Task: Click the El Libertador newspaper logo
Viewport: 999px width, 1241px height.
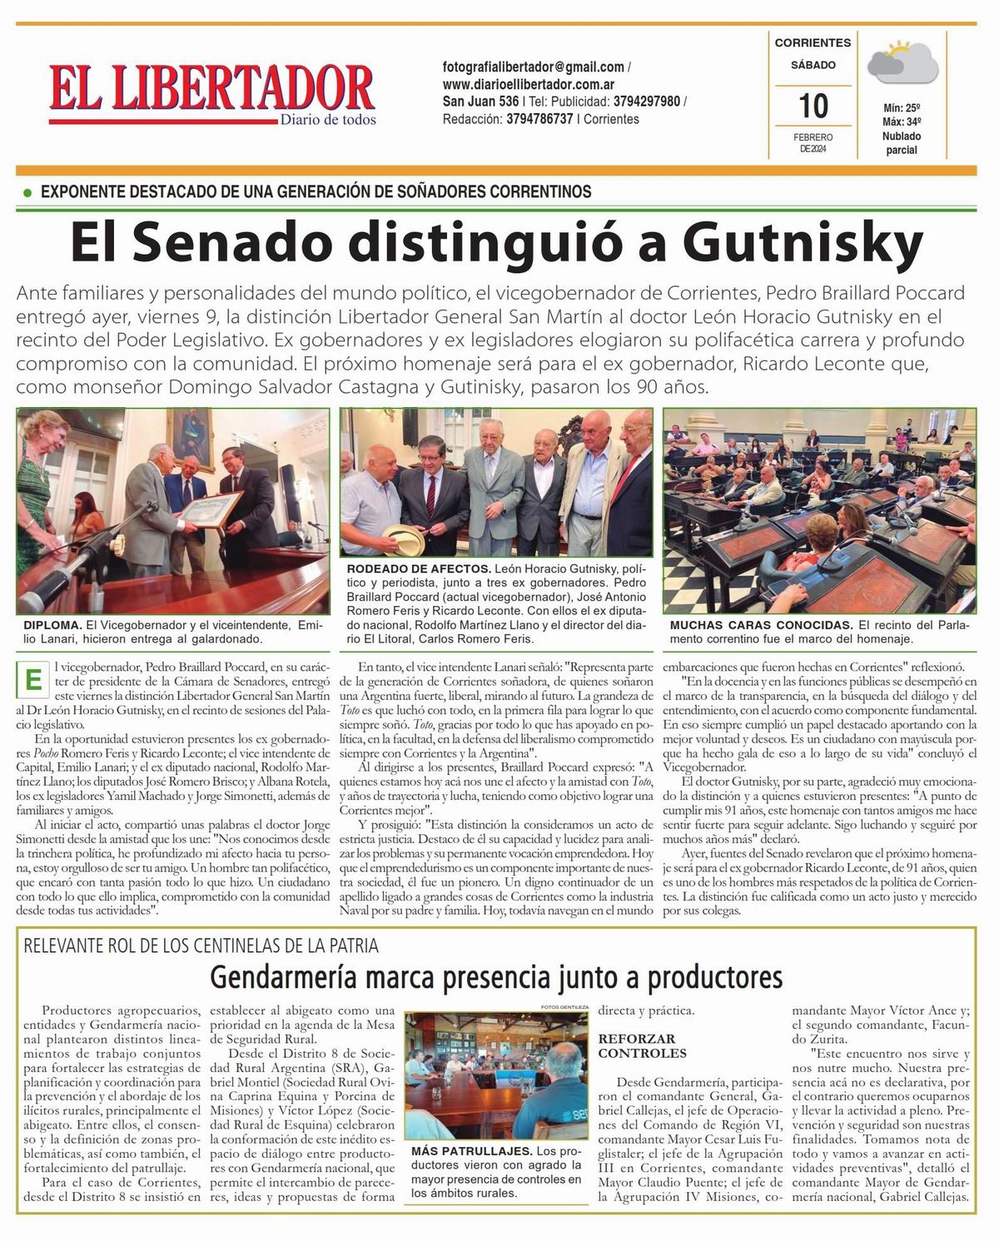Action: click(211, 89)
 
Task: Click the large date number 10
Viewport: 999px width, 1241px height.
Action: click(813, 107)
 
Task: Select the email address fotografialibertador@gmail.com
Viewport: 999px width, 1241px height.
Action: click(533, 67)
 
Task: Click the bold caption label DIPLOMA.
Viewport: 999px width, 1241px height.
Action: click(52, 624)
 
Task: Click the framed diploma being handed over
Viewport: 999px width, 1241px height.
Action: click(204, 513)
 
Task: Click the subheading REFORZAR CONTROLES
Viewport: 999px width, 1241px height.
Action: click(637, 1045)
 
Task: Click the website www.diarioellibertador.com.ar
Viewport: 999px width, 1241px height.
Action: click(529, 84)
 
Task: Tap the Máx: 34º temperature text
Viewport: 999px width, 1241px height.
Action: click(901, 122)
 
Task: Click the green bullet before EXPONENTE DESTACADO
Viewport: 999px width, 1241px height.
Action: click(27, 192)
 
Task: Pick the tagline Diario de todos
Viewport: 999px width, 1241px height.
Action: click(327, 120)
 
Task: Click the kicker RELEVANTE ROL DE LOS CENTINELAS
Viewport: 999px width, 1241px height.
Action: click(201, 946)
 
